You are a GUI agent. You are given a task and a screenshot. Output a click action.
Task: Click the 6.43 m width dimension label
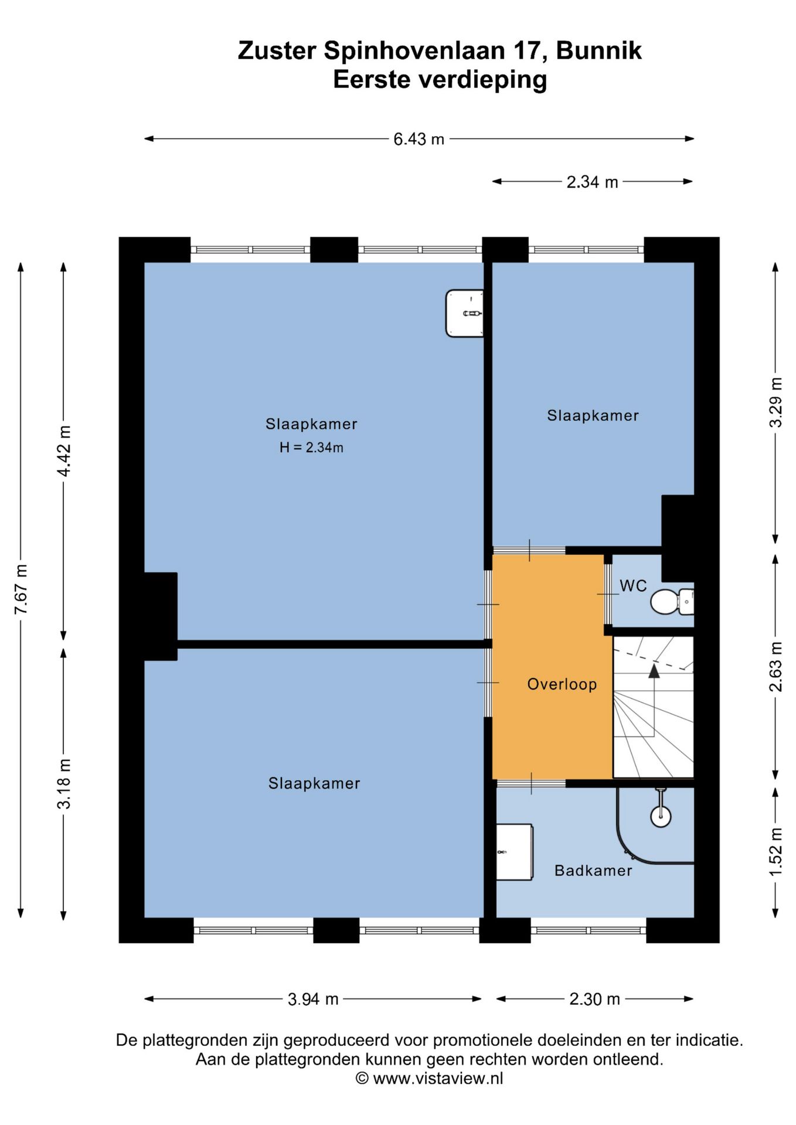click(x=419, y=139)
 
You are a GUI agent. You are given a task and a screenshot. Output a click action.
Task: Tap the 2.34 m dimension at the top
click(x=592, y=182)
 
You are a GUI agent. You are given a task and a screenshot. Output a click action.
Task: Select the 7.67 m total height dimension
click(x=21, y=589)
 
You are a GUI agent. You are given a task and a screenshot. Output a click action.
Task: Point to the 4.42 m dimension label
click(x=64, y=451)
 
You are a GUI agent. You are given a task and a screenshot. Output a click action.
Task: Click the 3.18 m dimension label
click(x=64, y=783)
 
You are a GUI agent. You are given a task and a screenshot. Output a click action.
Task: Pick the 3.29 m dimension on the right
click(x=775, y=403)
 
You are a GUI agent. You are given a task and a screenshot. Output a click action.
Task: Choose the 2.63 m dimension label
click(x=775, y=666)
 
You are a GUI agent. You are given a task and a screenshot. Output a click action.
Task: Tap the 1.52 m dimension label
click(x=775, y=852)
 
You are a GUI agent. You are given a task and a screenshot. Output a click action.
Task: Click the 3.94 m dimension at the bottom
click(x=313, y=999)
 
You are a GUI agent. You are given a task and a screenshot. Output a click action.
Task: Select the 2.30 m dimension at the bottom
click(x=594, y=999)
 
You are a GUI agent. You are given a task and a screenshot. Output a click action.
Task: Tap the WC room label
click(x=633, y=586)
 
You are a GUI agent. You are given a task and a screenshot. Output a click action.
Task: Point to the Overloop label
click(x=562, y=684)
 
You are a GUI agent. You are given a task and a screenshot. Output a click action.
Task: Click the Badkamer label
click(x=593, y=871)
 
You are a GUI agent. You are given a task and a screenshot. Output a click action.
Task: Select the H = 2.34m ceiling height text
click(x=311, y=448)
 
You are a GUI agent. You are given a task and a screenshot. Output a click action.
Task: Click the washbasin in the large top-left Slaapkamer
click(x=464, y=313)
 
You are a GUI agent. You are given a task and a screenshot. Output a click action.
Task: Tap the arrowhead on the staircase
click(x=654, y=671)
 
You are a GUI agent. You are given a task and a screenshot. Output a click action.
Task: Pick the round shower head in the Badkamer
click(x=661, y=816)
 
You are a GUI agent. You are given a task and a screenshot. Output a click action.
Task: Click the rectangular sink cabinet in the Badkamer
click(x=514, y=852)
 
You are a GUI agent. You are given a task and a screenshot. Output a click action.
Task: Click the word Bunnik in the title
click(x=598, y=51)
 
